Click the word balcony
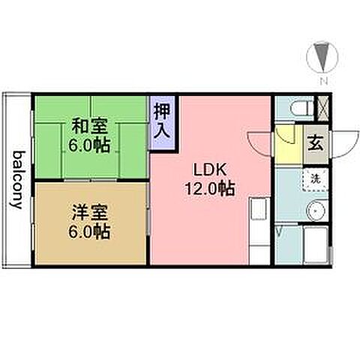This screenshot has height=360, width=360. [16, 180]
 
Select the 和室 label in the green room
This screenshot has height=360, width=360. [88, 124]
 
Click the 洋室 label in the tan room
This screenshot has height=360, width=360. [88, 211]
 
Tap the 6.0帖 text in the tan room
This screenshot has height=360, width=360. [89, 231]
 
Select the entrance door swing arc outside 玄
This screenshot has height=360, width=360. [341, 142]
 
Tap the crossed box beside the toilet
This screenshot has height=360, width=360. [323, 106]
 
